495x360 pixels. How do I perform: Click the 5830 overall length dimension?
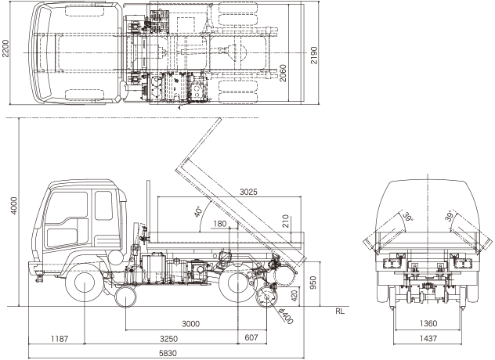[x=168, y=354]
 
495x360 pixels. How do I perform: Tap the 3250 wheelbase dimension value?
[x=168, y=339]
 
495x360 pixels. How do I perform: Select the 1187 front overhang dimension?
[x=60, y=339]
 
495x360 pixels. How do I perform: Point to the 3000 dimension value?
[x=190, y=324]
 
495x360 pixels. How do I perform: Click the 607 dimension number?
[x=251, y=337]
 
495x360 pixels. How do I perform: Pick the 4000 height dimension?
[x=14, y=206]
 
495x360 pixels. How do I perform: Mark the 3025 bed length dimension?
[x=248, y=192]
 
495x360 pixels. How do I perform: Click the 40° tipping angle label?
[x=197, y=212]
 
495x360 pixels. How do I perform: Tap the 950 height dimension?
[x=313, y=283]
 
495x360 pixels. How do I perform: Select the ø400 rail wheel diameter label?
[x=287, y=316]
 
